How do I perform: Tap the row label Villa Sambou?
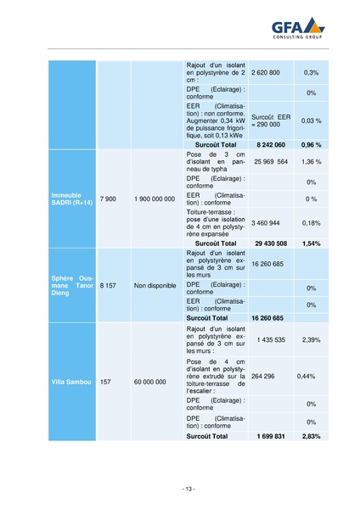click(x=71, y=382)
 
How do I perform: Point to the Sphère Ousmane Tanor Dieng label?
click(x=73, y=286)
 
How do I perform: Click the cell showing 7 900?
click(x=108, y=199)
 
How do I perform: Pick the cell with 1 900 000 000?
click(x=155, y=199)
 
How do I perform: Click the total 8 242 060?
click(x=271, y=145)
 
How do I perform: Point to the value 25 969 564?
click(x=271, y=161)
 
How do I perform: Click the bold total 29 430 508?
click(x=271, y=243)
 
